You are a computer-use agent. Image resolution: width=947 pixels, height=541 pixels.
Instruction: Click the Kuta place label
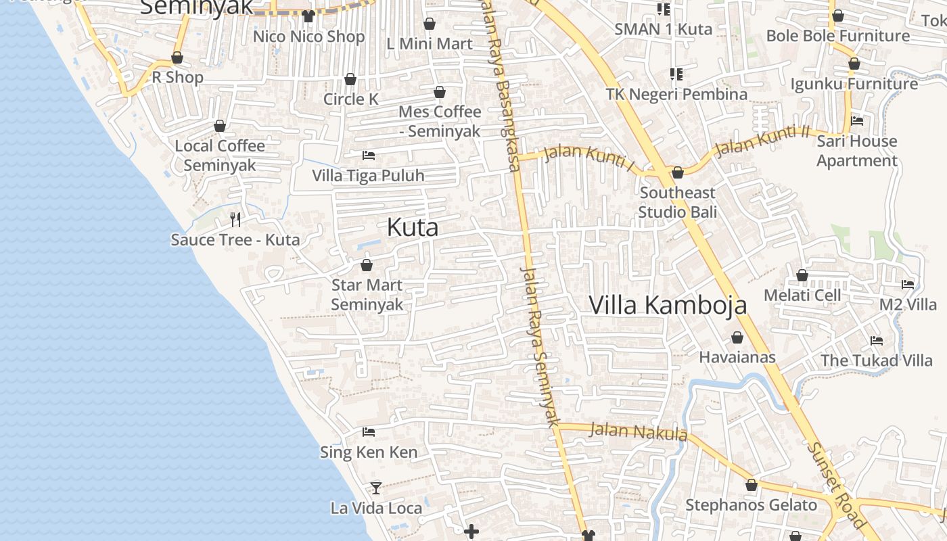click(x=413, y=228)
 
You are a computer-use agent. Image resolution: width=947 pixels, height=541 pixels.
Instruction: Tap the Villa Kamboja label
click(x=668, y=305)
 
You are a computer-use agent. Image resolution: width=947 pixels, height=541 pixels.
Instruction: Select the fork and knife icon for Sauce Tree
click(x=235, y=219)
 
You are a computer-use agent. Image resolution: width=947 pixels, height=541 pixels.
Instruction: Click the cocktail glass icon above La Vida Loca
click(x=376, y=487)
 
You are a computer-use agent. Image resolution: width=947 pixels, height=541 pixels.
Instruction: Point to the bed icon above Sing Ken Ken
click(x=369, y=431)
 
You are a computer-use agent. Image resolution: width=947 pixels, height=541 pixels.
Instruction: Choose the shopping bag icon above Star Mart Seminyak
click(x=367, y=265)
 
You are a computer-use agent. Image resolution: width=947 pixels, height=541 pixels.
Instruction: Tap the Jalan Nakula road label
click(x=639, y=431)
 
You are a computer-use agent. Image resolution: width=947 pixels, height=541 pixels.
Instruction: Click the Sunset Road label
click(x=837, y=484)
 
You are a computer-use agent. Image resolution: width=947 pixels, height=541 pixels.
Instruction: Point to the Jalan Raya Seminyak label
click(x=541, y=345)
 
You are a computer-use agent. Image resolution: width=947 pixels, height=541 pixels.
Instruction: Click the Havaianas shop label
click(x=737, y=356)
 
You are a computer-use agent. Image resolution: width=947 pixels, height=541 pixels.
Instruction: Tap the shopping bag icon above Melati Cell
click(x=802, y=275)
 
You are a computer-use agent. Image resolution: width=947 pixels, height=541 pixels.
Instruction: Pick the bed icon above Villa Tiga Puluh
click(x=369, y=156)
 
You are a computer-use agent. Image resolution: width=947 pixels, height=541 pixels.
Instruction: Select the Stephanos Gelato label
click(x=752, y=505)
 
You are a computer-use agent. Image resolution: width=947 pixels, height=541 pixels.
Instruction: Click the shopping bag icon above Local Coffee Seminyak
click(x=220, y=126)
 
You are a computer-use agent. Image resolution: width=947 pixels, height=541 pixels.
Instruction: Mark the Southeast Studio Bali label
click(x=678, y=202)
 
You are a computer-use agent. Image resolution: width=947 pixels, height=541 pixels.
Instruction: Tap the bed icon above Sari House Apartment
click(x=857, y=121)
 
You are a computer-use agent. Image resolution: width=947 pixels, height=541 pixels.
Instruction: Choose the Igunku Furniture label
click(x=854, y=84)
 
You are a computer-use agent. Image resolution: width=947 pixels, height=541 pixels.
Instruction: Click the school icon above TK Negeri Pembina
click(x=676, y=74)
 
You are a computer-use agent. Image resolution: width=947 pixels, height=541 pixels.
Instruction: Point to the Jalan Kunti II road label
click(x=762, y=141)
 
